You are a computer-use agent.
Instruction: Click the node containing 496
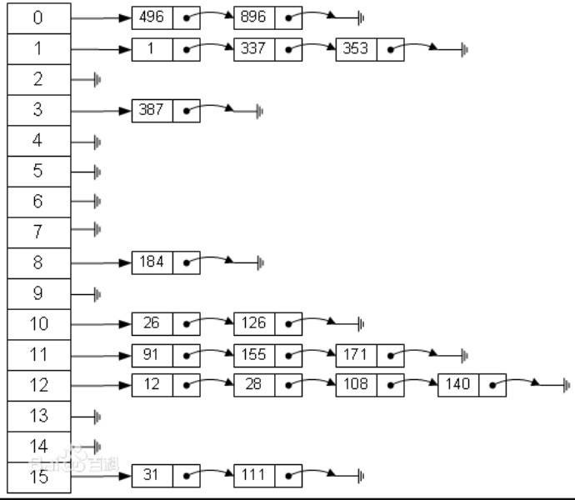[166, 17]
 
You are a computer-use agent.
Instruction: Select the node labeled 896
[268, 17]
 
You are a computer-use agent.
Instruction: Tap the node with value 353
[370, 49]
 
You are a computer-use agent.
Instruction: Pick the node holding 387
[166, 111]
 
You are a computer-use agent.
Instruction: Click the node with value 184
[166, 262]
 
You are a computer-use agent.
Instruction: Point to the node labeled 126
[268, 324]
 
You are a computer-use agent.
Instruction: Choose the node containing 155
[268, 356]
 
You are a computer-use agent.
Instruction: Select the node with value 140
[472, 385]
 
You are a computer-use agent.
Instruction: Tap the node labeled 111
[268, 476]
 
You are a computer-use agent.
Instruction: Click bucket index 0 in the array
[39, 18]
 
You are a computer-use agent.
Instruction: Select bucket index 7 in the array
[39, 232]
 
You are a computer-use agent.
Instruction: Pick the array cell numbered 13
[39, 417]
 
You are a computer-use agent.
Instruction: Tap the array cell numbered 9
[39, 294]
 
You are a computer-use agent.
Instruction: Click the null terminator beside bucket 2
[97, 80]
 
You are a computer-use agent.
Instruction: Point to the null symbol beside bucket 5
[97, 172]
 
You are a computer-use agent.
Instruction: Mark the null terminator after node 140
[567, 386]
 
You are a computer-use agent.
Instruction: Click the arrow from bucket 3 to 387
[101, 111]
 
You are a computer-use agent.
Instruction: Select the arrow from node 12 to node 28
[210, 382]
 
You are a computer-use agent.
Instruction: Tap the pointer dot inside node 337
[288, 49]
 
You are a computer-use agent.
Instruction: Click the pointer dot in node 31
[187, 476]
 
